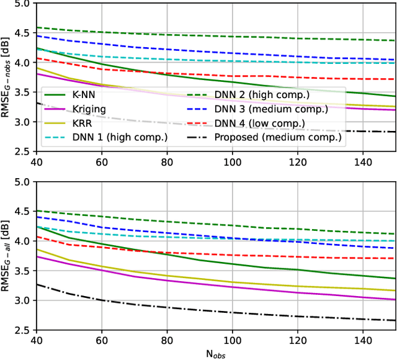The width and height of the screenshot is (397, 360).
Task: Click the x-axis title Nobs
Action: pos(215,354)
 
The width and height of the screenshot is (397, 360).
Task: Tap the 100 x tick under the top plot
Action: pos(232,161)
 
